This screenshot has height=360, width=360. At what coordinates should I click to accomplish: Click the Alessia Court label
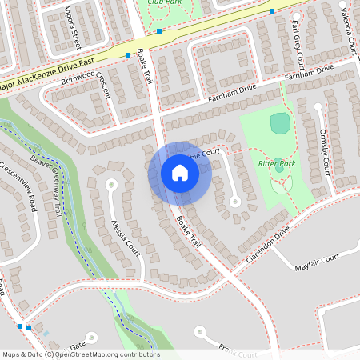(x=126, y=237)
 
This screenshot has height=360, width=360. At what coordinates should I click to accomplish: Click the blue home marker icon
(x=180, y=174)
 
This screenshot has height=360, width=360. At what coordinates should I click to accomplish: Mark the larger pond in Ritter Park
(x=280, y=123)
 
